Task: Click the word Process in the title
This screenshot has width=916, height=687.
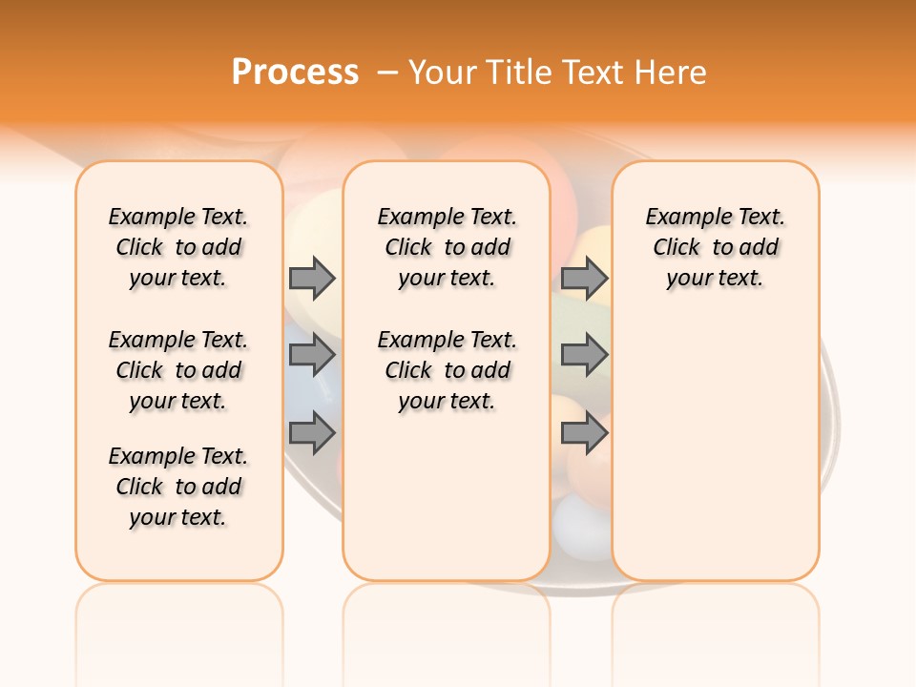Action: click(x=295, y=72)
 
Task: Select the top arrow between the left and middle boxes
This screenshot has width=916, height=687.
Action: click(x=312, y=278)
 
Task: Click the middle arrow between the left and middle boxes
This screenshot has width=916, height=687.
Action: click(x=312, y=355)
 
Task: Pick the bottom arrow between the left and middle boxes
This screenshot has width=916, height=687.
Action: click(x=312, y=434)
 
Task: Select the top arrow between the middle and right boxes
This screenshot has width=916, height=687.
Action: click(x=584, y=278)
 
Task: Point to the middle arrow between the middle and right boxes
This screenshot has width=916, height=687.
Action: click(x=584, y=355)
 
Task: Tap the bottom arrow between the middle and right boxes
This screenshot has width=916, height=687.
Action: click(x=584, y=434)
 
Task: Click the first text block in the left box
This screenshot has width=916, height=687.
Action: click(x=178, y=247)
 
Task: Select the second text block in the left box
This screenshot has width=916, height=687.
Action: click(x=178, y=370)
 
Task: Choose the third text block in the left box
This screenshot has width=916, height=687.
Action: click(x=178, y=487)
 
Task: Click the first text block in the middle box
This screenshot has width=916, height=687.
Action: click(x=447, y=247)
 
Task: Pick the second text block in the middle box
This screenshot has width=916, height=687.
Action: click(x=447, y=370)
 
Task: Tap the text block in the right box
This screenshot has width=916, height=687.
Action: click(x=715, y=247)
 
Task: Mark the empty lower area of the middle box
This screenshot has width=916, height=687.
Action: click(x=447, y=496)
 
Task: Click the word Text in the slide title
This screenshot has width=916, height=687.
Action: click(x=593, y=73)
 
